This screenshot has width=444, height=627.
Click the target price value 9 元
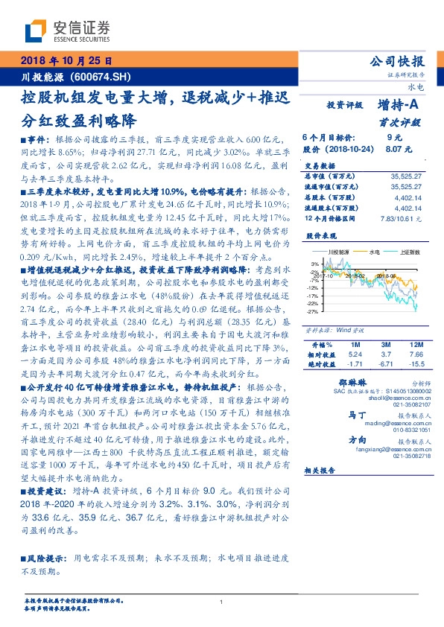click(x=394, y=138)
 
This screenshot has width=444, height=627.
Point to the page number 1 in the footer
click(x=222, y=602)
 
